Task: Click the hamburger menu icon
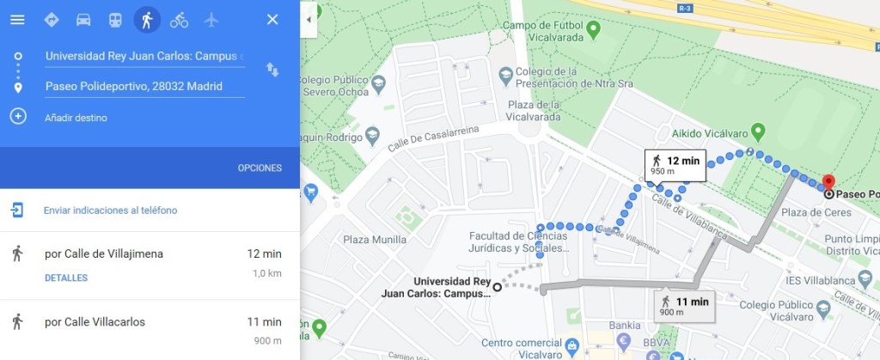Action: pos(17,20)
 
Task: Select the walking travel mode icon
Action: pos(147,20)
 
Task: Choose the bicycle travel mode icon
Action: pos(179,20)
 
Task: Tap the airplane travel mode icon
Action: pos(211,20)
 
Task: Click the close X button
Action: pos(272,20)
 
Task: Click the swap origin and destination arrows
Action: pos(272,70)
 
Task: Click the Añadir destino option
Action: pos(76,118)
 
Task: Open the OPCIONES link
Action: pos(260,168)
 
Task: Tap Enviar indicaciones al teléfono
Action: pos(110,211)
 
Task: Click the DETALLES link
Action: pos(66,278)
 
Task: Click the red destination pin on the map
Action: pos(828,183)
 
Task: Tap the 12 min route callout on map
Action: pos(675,164)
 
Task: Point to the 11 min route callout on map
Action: pos(684,304)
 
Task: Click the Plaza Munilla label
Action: pos(374,240)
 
